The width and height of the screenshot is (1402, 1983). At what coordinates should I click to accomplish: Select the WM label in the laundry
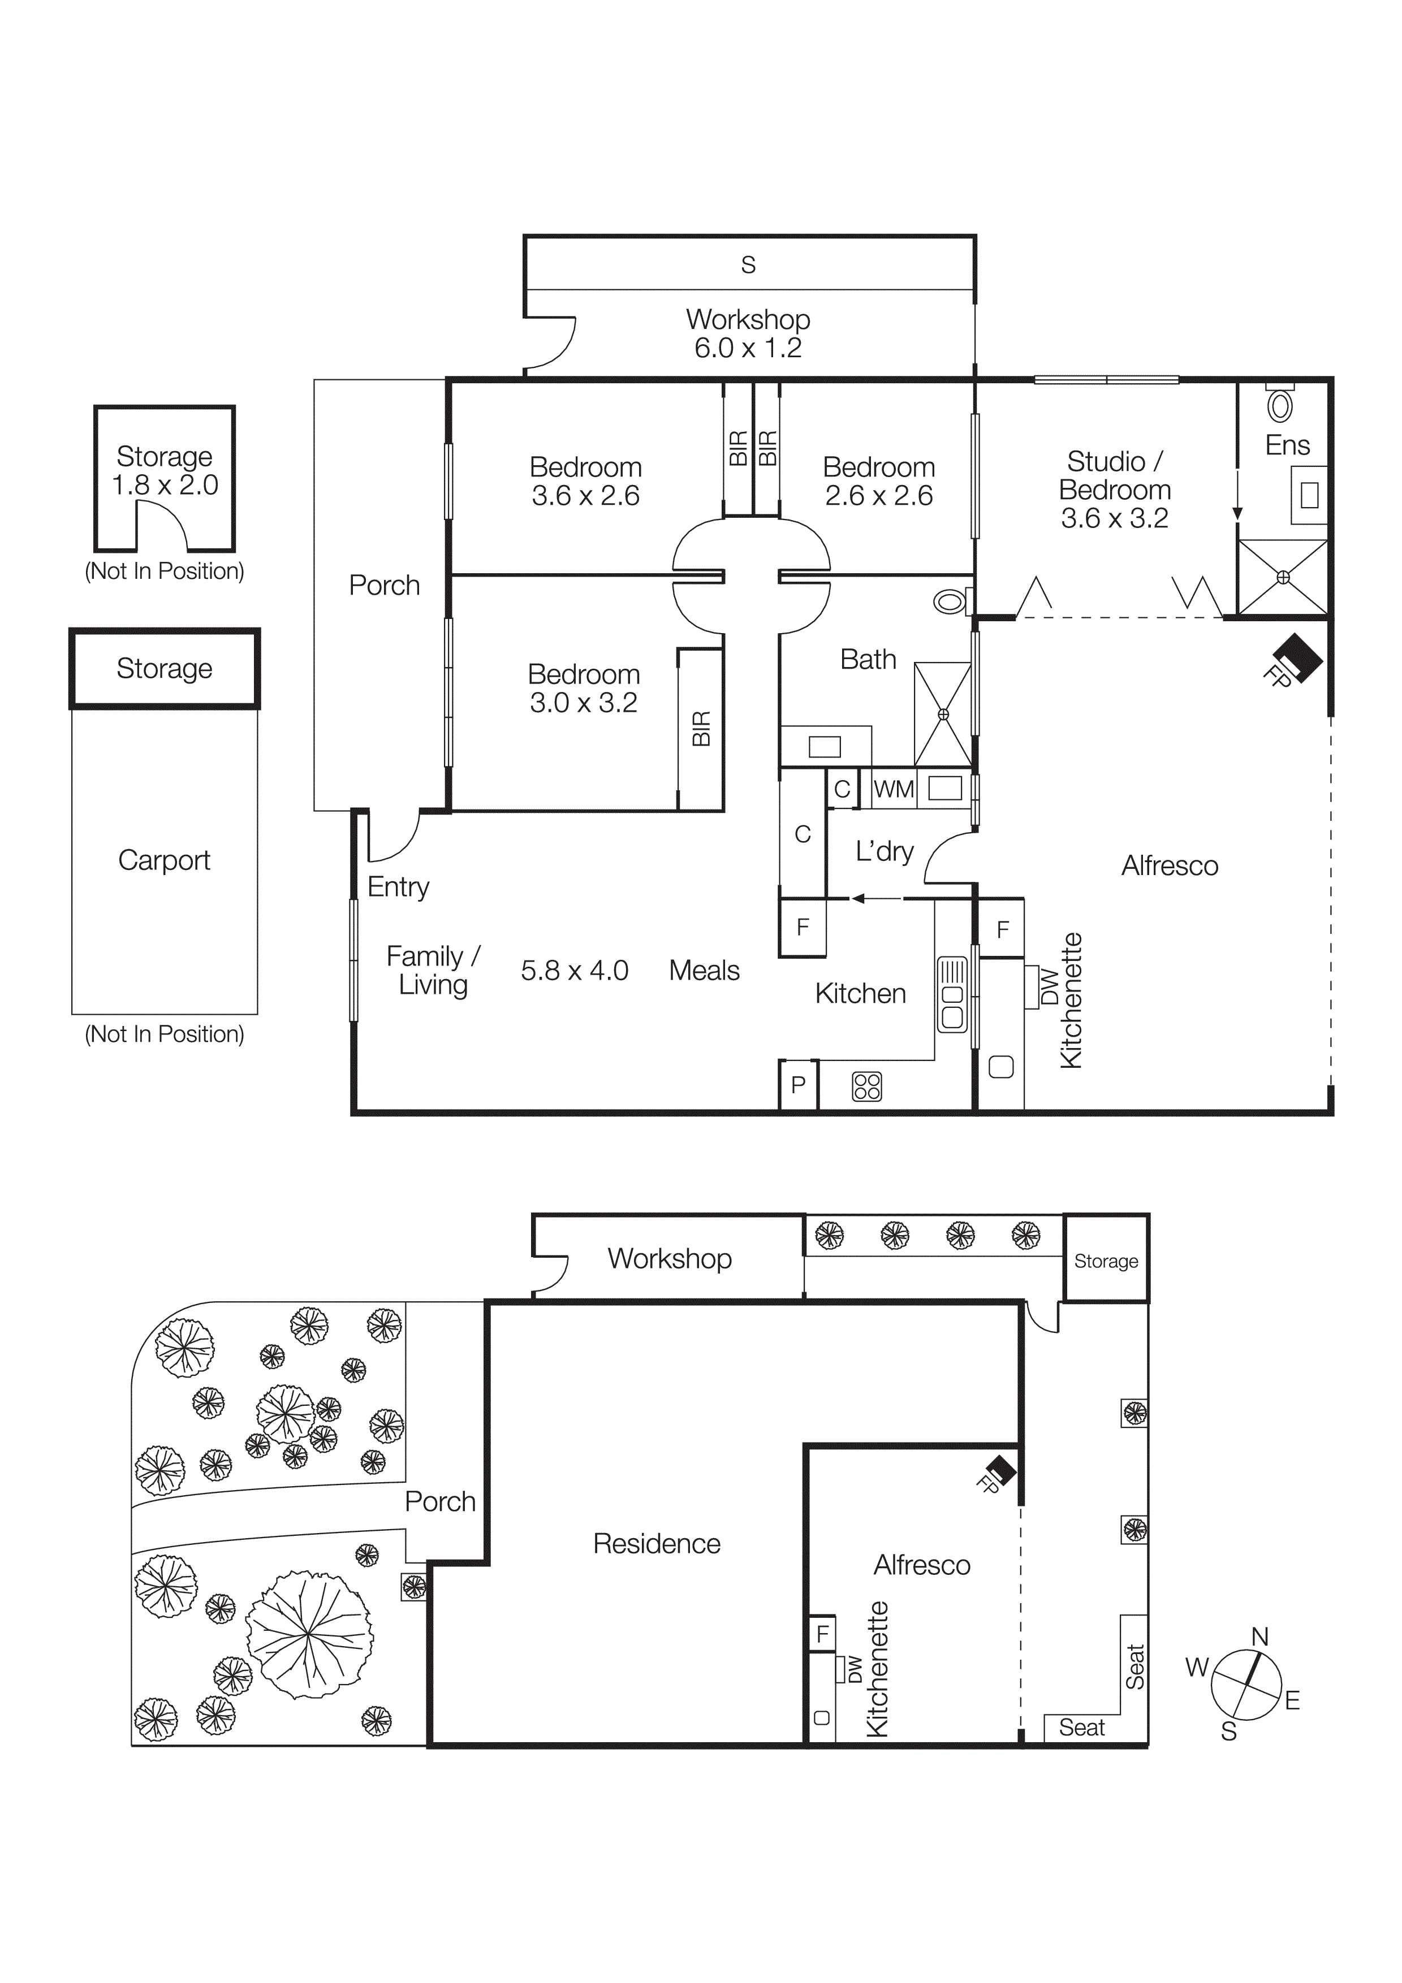click(893, 789)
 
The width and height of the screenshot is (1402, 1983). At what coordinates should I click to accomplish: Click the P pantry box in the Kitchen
click(798, 1085)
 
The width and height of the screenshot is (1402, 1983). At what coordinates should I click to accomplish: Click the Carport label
click(164, 860)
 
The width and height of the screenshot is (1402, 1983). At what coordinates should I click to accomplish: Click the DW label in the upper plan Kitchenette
click(1049, 986)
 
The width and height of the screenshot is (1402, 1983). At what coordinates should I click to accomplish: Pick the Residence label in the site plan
click(657, 1543)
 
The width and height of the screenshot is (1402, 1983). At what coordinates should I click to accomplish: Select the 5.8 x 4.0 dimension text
click(575, 971)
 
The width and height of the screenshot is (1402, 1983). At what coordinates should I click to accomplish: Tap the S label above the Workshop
click(748, 265)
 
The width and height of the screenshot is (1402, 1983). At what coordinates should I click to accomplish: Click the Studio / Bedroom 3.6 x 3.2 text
click(1114, 490)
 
